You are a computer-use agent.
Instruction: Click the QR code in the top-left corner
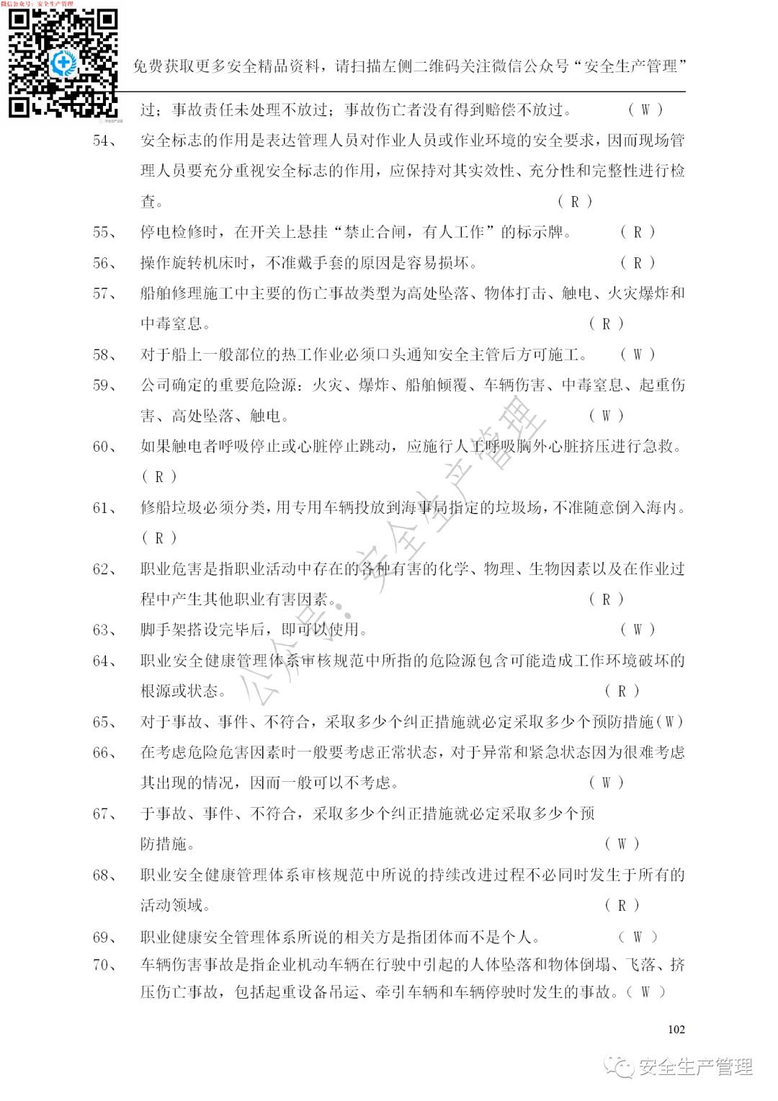click(x=63, y=63)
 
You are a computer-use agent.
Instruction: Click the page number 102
click(x=676, y=1029)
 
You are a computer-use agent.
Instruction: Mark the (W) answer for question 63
click(x=638, y=630)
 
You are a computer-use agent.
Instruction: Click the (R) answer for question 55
click(x=638, y=232)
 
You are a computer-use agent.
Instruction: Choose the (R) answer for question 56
click(x=638, y=263)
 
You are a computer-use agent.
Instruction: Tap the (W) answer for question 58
click(x=638, y=355)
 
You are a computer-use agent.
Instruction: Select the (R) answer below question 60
click(x=159, y=476)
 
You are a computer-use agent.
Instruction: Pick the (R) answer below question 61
click(x=159, y=538)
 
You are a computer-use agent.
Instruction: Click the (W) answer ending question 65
click(x=670, y=722)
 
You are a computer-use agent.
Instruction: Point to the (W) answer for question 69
click(x=638, y=937)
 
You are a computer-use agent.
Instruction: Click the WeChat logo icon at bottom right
click(x=620, y=1066)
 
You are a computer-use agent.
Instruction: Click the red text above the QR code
click(x=37, y=4)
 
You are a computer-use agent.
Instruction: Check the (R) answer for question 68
click(x=622, y=906)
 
